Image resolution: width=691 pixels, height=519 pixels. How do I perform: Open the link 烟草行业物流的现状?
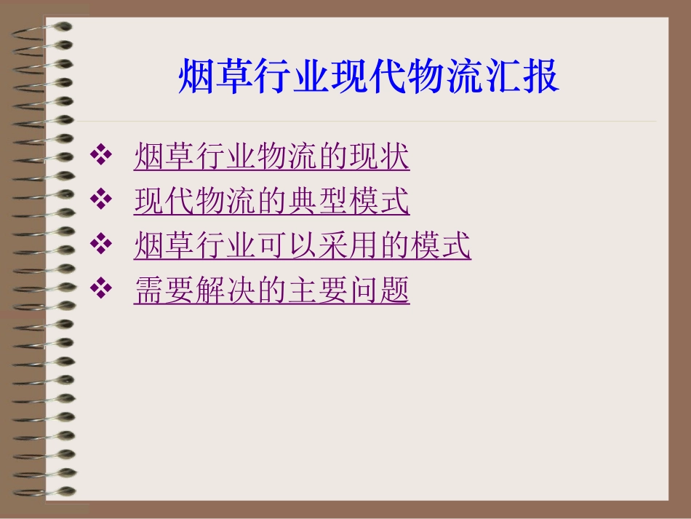click(x=272, y=157)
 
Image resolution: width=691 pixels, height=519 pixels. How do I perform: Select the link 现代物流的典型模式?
click(x=272, y=202)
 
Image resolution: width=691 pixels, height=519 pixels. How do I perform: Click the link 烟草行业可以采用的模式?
click(x=303, y=246)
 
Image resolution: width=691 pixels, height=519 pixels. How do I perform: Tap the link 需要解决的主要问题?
click(x=272, y=290)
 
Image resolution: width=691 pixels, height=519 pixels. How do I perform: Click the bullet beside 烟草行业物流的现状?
click(x=101, y=155)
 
